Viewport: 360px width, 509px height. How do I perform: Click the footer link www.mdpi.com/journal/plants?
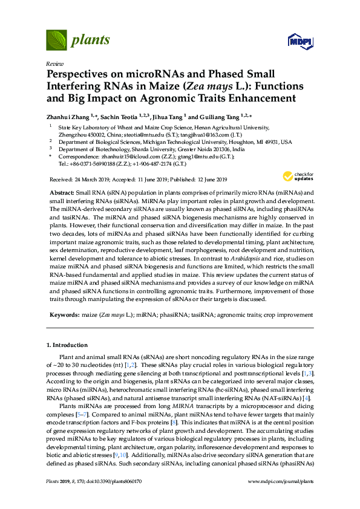click(x=281, y=498)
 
